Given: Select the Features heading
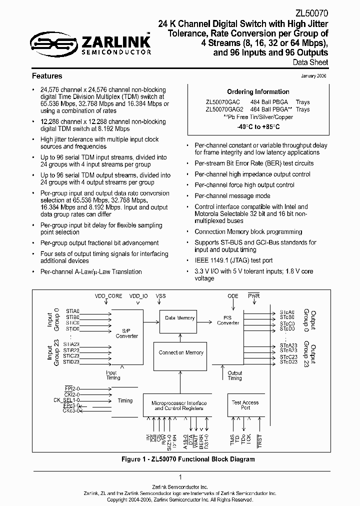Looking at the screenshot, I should [47, 76].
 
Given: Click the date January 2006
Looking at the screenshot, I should [314, 76].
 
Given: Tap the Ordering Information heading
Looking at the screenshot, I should [258, 92].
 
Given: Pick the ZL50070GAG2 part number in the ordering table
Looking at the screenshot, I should [224, 109].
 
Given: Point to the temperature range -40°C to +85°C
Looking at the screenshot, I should [258, 126].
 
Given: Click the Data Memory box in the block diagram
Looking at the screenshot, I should [179, 318].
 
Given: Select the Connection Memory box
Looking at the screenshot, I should [180, 353].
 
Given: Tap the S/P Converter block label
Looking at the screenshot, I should [126, 333].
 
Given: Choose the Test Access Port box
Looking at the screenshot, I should [245, 405].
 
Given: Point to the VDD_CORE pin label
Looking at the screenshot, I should [108, 296].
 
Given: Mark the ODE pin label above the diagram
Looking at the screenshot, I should [233, 296].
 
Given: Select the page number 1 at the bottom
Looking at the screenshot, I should [180, 477].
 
